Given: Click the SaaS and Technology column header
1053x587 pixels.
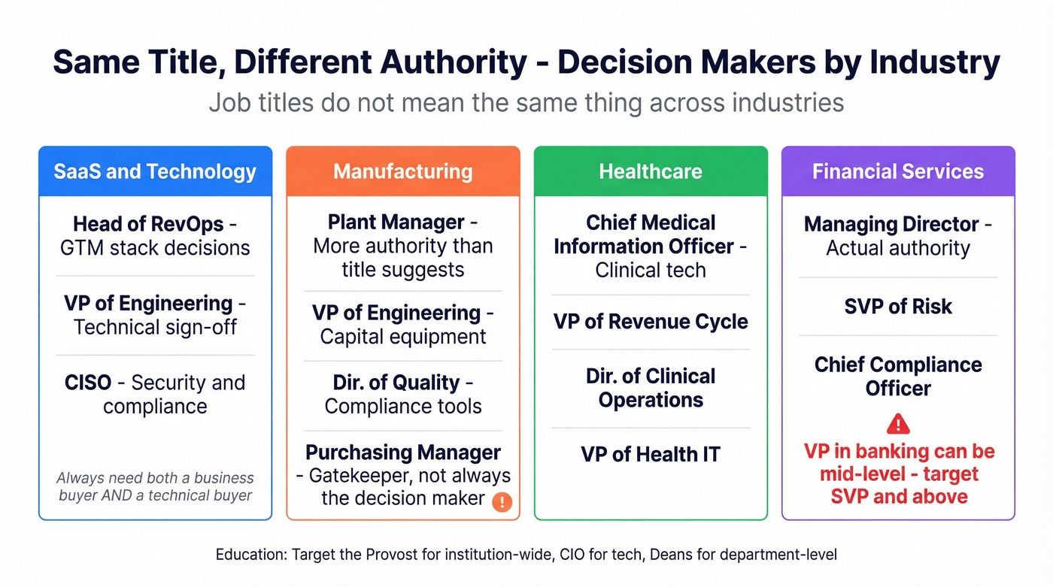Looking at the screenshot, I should [x=155, y=171].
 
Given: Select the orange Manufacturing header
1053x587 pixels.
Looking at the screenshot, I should [x=402, y=171].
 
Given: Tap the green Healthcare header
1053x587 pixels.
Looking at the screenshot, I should [x=651, y=171].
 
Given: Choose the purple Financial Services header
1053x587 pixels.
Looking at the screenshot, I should [x=898, y=171].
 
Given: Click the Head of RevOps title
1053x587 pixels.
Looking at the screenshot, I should [x=149, y=224].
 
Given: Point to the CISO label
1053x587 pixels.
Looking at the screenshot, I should [x=88, y=383].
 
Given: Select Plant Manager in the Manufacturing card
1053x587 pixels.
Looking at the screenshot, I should [x=396, y=222].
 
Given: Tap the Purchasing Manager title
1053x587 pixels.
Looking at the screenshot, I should [x=402, y=452].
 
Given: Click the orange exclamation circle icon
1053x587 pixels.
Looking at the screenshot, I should [x=502, y=502].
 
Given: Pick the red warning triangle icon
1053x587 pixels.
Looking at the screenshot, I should [x=898, y=425].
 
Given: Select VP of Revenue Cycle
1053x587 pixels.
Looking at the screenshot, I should [x=651, y=322].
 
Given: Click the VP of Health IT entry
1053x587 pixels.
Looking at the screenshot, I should [x=651, y=454].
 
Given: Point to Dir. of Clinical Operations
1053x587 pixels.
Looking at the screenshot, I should [x=651, y=388].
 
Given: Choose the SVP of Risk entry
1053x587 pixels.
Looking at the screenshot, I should [x=898, y=307].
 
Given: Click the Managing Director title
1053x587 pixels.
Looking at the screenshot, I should [x=891, y=224].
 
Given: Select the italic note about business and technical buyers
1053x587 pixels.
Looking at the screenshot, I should [x=155, y=486].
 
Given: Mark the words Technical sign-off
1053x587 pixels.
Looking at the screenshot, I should [x=155, y=328].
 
